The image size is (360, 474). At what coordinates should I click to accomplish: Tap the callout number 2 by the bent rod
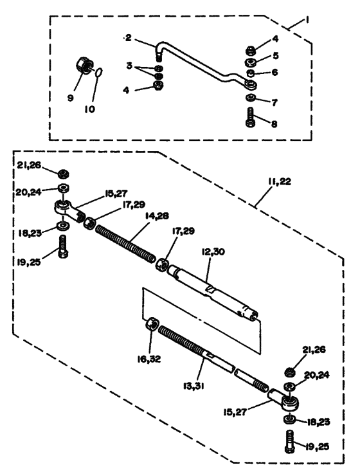pyautogui.click(x=129, y=39)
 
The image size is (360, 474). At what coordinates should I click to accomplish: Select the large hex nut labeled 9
pyautogui.click(x=83, y=64)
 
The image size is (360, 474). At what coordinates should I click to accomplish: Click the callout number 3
pyautogui.click(x=130, y=66)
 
